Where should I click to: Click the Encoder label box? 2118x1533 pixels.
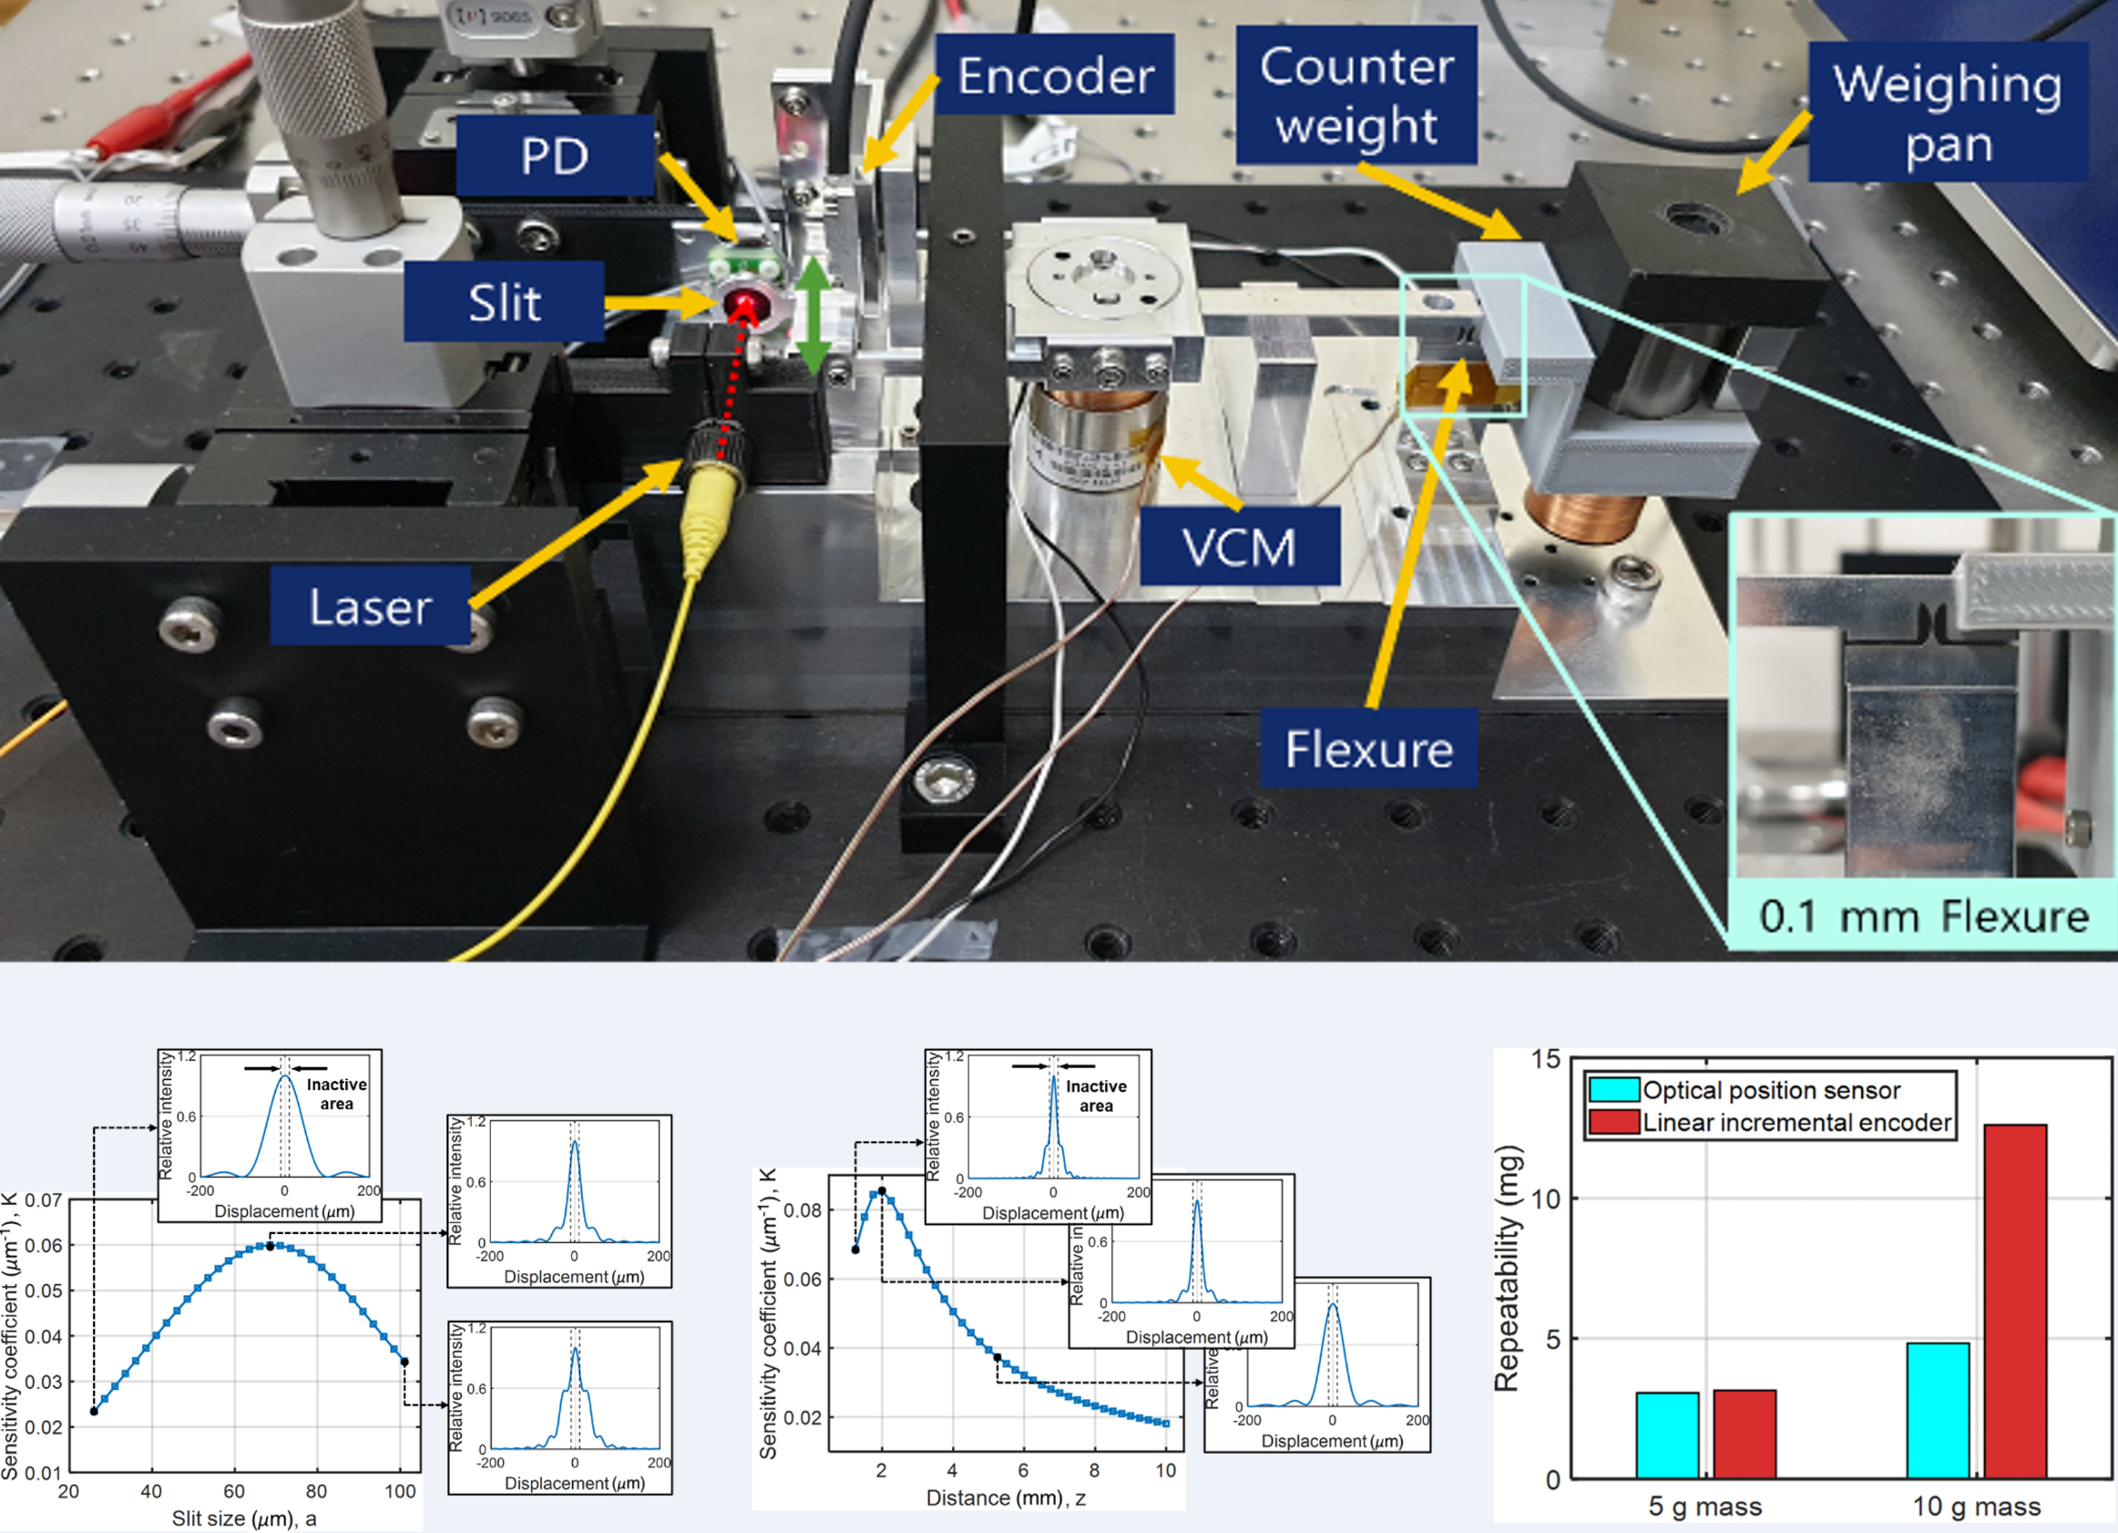[1054, 76]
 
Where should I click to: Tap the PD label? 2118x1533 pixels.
[555, 156]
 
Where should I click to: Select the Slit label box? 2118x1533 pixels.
[505, 302]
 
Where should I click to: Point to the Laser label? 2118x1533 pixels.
[370, 607]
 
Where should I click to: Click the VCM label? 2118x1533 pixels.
[1239, 548]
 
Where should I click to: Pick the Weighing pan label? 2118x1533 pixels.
[1947, 112]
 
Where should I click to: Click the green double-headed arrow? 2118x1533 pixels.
[813, 315]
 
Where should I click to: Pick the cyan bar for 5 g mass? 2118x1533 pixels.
[1667, 1435]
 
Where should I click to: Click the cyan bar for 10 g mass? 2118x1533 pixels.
[1938, 1411]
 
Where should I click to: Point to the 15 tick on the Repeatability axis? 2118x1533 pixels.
[1546, 1058]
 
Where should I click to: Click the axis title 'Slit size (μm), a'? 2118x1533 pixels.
[244, 1518]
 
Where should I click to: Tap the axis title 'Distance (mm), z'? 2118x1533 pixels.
[1005, 1497]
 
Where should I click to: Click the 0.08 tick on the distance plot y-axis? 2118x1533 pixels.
[803, 1210]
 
